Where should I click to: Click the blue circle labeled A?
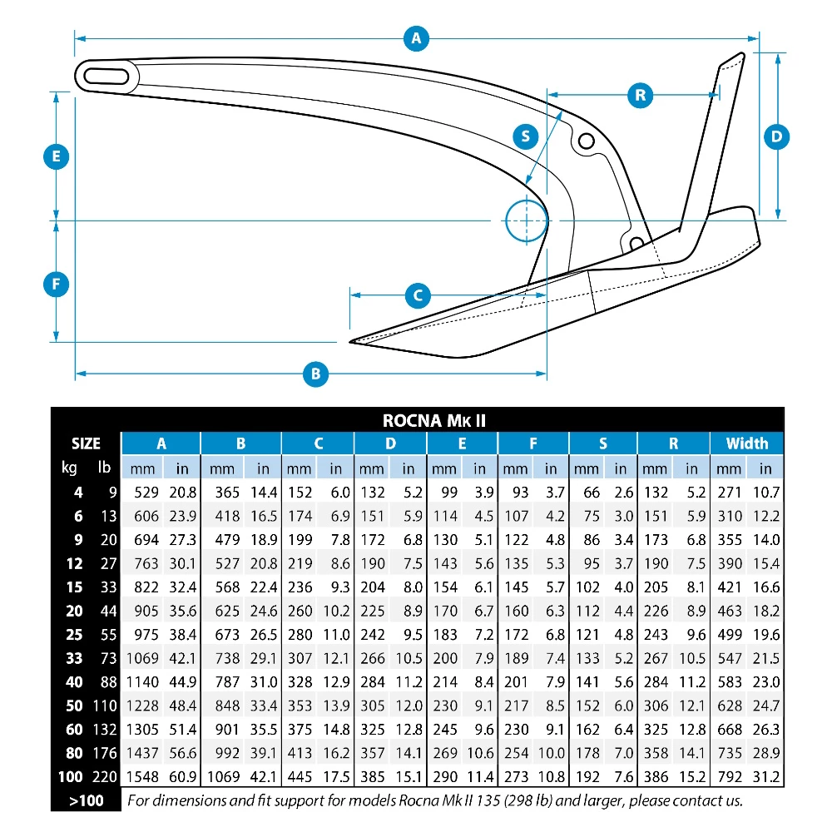pos(416,37)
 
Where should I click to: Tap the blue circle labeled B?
pos(315,374)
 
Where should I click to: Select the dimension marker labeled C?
pos(418,295)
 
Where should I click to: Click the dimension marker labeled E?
pos(56,156)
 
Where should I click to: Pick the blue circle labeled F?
pos(56,285)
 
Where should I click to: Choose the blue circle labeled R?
pos(640,95)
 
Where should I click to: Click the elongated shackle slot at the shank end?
pos(105,77)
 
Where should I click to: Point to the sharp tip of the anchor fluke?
pos(352,340)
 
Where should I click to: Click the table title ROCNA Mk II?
pos(434,421)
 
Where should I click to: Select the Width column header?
pos(746,443)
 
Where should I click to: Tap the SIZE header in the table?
pos(86,443)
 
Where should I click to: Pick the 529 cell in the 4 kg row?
pos(146,492)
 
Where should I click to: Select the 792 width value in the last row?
pos(728,778)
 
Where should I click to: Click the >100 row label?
pos(85,801)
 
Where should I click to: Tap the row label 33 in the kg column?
pos(75,659)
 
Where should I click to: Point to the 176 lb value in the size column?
pos(103,754)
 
